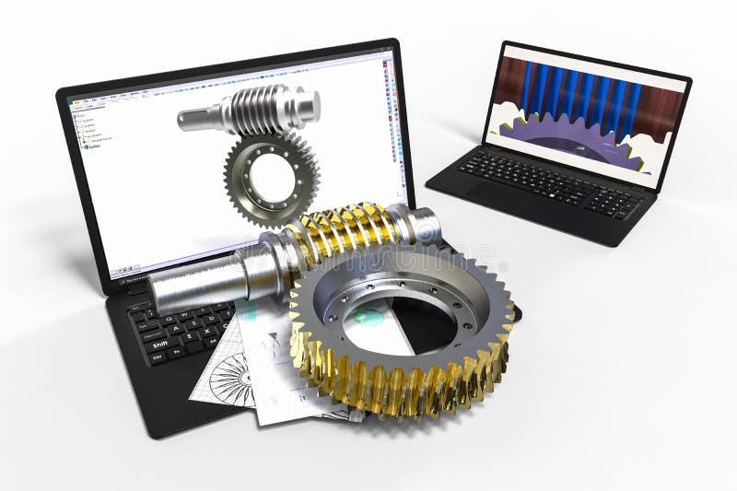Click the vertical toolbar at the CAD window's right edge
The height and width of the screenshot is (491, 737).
pyautogui.click(x=397, y=138)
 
